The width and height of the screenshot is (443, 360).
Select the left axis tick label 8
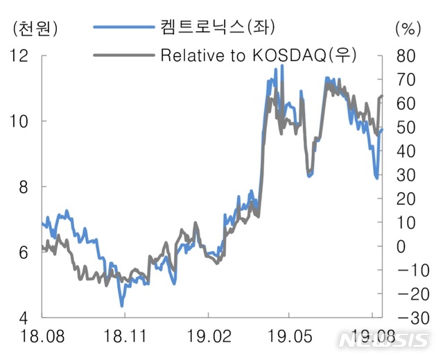coord(24,187)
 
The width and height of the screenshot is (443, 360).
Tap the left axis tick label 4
coord(24,318)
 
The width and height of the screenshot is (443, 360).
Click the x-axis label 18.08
coord(42,338)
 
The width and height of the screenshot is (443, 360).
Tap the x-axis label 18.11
coord(124,338)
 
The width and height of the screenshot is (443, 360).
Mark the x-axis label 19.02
coord(207,338)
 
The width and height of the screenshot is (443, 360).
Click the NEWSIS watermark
coord(383,339)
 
